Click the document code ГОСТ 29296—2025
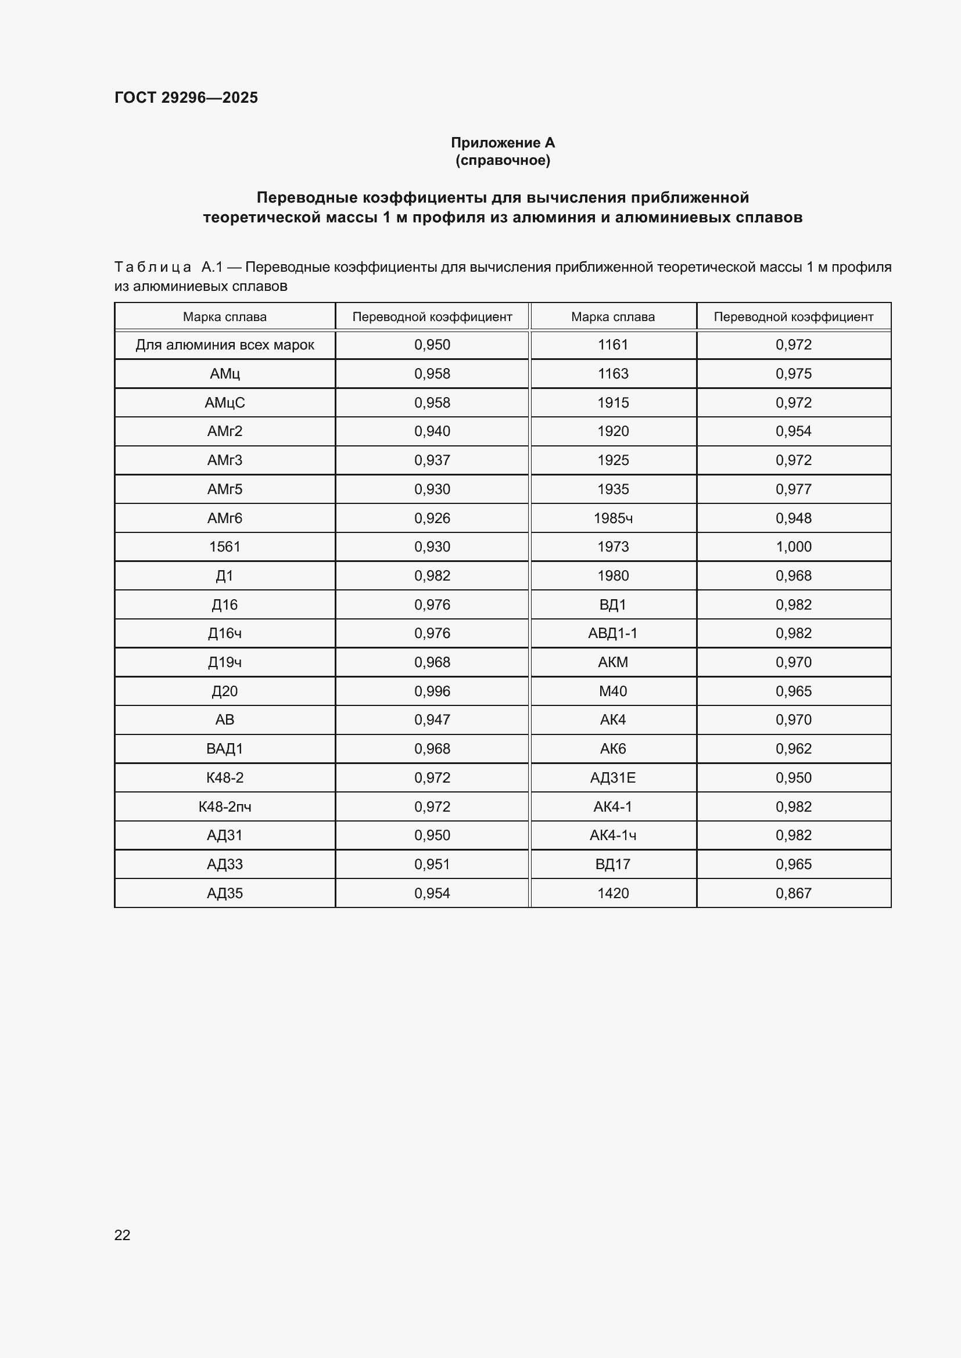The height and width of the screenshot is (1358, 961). [186, 98]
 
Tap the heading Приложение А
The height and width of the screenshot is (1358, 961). [503, 143]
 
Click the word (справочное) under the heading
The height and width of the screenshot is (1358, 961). [503, 160]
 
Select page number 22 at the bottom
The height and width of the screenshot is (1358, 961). [122, 1235]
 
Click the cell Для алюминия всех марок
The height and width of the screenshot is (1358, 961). [224, 345]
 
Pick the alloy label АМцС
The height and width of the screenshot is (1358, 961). [224, 403]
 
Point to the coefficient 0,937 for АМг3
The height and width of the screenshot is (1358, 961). [432, 460]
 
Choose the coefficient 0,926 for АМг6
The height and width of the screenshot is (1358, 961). [432, 518]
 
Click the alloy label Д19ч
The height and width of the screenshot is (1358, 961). [224, 662]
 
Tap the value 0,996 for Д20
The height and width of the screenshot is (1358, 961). [432, 691]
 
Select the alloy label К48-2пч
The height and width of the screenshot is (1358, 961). [224, 807]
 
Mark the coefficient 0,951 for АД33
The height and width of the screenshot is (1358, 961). [432, 864]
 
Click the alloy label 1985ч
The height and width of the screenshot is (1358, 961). [612, 518]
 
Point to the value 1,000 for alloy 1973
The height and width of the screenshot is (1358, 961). [793, 546]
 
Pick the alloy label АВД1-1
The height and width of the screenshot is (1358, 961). [612, 633]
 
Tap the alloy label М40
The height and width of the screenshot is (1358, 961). [612, 691]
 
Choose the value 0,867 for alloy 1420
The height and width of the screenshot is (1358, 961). [793, 893]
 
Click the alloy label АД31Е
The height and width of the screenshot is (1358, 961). [612, 778]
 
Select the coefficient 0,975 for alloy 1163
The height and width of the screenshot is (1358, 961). [793, 374]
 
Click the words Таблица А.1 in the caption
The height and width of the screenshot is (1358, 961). [168, 267]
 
